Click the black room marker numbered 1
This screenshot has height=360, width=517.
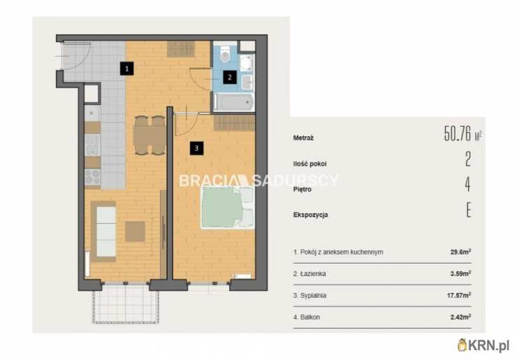pos(126,69)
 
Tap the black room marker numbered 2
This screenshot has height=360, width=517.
pos(230,77)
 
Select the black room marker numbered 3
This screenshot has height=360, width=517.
pos(196,148)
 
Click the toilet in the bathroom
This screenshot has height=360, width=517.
pos(225,54)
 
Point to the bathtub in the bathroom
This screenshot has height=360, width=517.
pos(234,102)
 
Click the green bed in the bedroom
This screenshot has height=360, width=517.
pos(228,208)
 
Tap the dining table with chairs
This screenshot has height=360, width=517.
pos(150,136)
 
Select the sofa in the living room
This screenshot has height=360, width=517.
pos(103,231)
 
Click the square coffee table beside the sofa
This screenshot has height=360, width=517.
pos(135,231)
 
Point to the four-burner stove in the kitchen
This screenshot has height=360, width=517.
pos(93,177)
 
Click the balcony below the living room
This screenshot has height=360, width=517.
pos(126,304)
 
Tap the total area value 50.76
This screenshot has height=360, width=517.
pos(458,134)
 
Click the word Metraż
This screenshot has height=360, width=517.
pos(303,138)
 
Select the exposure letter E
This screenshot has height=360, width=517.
pos(469,210)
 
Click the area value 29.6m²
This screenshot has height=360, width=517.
pos(460,252)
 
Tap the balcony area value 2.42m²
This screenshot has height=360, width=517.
pos(460,317)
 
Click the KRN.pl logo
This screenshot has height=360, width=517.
pos(483,345)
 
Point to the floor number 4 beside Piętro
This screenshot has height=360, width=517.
pos(467,185)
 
